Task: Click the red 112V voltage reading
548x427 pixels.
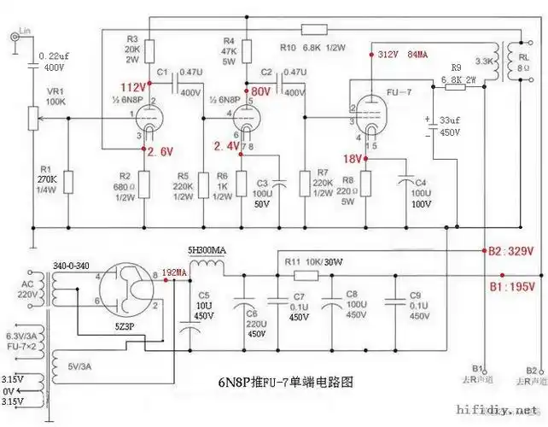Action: (133, 88)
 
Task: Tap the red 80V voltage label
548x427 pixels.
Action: (259, 91)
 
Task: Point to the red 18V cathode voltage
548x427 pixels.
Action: (352, 159)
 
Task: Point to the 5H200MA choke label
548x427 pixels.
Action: (208, 250)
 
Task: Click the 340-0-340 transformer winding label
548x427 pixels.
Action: (72, 266)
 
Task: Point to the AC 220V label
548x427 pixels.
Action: (27, 290)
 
